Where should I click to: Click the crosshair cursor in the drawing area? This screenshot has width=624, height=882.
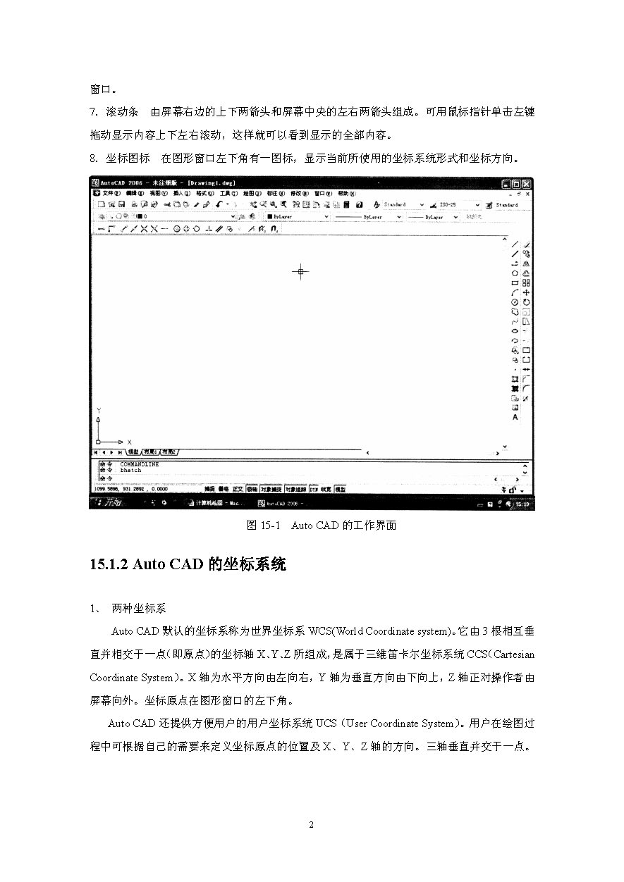point(300,271)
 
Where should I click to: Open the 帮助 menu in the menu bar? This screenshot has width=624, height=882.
point(345,193)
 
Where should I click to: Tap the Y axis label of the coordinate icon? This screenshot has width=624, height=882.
point(99,410)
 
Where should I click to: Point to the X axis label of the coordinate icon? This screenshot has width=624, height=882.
point(129,442)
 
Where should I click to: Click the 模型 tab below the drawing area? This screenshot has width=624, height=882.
point(133,452)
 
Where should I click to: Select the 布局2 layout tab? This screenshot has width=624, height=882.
point(169,452)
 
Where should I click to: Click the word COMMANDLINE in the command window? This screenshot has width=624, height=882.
point(139,465)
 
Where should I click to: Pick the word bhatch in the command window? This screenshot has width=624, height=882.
point(130,471)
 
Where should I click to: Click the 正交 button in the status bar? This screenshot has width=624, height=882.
point(237,488)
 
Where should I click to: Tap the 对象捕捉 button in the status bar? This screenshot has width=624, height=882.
point(270,488)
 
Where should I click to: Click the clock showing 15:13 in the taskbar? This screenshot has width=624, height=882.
point(522,504)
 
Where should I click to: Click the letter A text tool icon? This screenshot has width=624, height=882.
point(515,417)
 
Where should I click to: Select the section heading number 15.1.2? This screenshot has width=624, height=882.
point(109,564)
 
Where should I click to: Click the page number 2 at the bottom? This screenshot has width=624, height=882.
point(311,825)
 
